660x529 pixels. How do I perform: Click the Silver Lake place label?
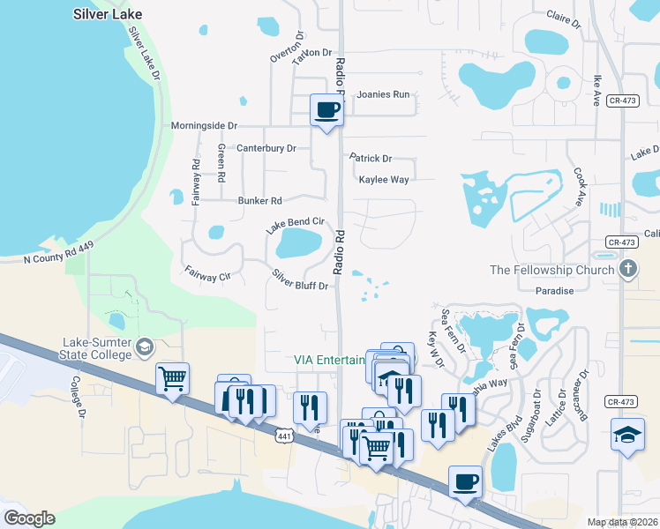click(108, 15)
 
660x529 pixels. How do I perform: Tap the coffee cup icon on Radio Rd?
click(326, 110)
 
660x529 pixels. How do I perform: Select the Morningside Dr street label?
click(205, 126)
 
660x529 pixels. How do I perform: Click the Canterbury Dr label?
click(266, 148)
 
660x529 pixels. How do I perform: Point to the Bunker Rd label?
click(259, 201)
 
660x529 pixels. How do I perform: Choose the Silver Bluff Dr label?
click(300, 279)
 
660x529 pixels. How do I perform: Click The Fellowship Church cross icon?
click(627, 269)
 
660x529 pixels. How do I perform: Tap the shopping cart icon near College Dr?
click(172, 378)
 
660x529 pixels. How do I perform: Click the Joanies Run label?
click(383, 94)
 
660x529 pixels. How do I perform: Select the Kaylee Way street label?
click(383, 179)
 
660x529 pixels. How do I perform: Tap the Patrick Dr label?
click(370, 159)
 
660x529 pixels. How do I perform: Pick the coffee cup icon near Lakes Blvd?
click(465, 482)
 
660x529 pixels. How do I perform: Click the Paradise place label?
click(554, 291)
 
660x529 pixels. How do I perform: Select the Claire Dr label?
click(564, 19)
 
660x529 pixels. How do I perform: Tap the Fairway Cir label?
click(207, 275)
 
